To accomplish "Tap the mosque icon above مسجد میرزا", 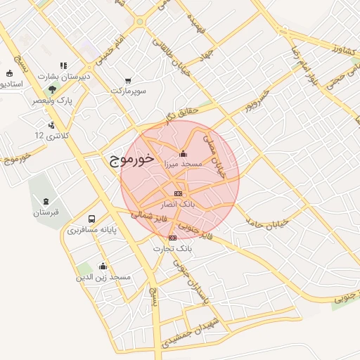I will (x=184, y=153).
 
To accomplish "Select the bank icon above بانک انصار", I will (x=178, y=193).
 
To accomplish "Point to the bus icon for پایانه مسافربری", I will (x=92, y=219).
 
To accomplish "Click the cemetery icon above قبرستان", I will (x=46, y=202).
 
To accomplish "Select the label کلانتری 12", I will (x=49, y=134).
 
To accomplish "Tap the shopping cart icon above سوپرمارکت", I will (x=128, y=81).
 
